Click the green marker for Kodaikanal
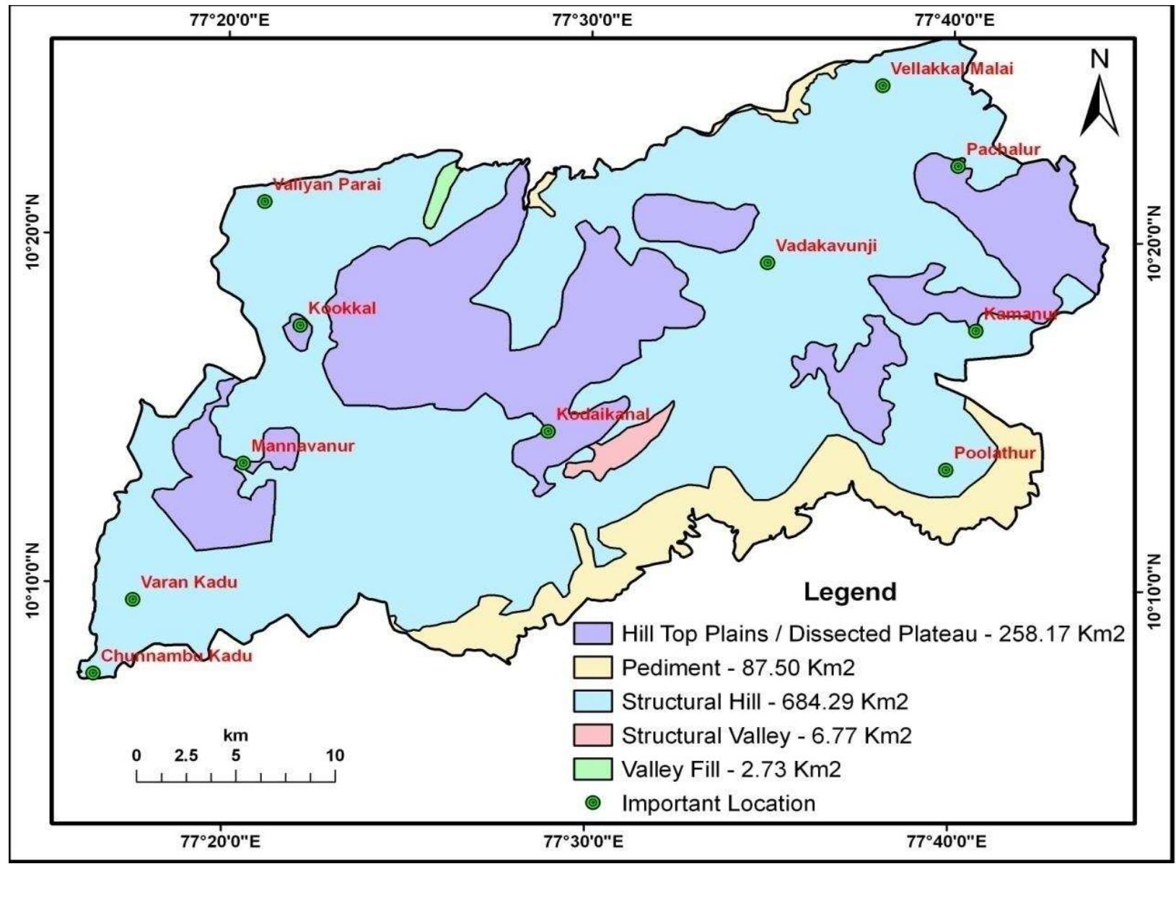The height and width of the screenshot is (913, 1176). click(x=548, y=431)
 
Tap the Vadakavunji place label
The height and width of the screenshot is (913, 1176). click(x=826, y=246)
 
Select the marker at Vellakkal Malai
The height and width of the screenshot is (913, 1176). click(x=882, y=86)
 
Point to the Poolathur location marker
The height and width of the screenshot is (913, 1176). click(x=945, y=470)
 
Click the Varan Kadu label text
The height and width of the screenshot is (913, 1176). click(x=188, y=582)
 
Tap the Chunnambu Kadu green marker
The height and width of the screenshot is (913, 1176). click(x=92, y=673)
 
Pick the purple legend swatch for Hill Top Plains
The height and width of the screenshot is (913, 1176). click(x=592, y=634)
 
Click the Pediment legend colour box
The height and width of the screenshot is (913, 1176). click(x=592, y=668)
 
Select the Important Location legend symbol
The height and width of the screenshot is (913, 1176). click(x=592, y=803)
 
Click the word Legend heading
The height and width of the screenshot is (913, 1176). click(x=850, y=592)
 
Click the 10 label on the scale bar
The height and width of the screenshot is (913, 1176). click(x=335, y=756)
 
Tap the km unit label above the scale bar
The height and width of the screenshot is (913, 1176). click(x=235, y=736)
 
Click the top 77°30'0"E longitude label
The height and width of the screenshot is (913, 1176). click(x=592, y=20)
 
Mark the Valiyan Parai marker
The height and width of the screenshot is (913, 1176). click(x=265, y=201)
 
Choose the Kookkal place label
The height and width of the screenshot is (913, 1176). click(x=342, y=309)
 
